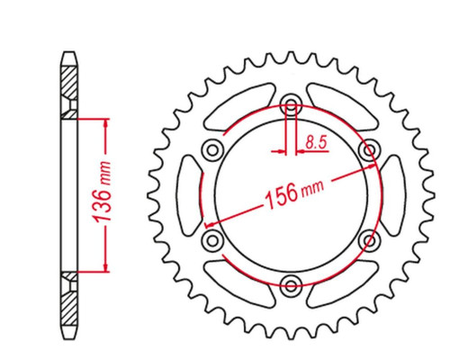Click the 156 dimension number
coord(282,196)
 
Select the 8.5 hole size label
coord(316,142)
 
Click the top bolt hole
coord(291,104)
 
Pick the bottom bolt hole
coord(291,284)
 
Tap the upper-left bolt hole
coord(212,149)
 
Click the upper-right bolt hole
coord(369,149)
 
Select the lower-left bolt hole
coord(212,239)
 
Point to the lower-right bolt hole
coord(369,239)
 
